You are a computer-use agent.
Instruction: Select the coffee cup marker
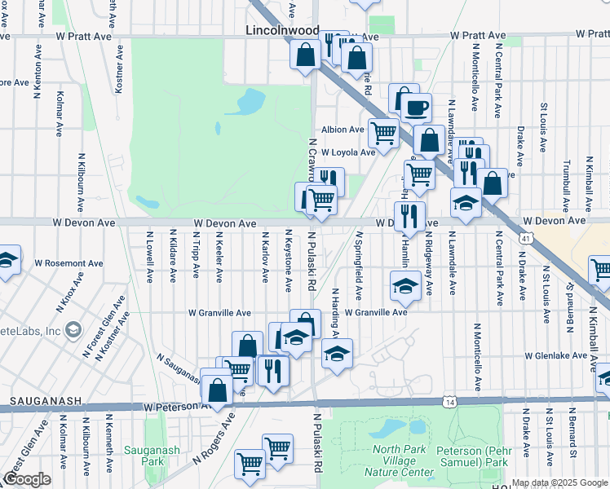pyautogui.click(x=416, y=107)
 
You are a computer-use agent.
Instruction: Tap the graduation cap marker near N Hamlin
pyautogui.click(x=405, y=286)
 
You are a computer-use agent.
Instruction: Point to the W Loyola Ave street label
pyautogui.click(x=347, y=152)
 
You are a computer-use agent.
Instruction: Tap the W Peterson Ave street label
pyautogui.click(x=172, y=405)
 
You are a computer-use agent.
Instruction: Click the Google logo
pyautogui.click(x=27, y=479)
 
